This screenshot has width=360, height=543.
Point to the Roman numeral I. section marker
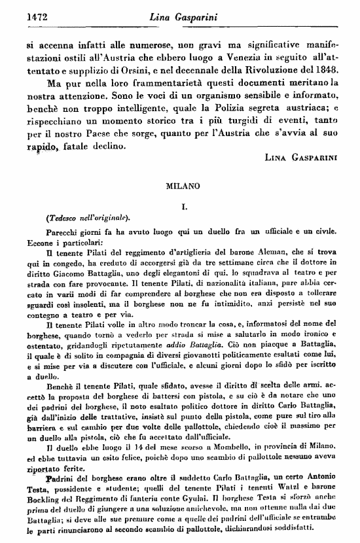[x=185, y=206]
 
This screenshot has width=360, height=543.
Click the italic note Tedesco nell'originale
[x=89, y=217]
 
